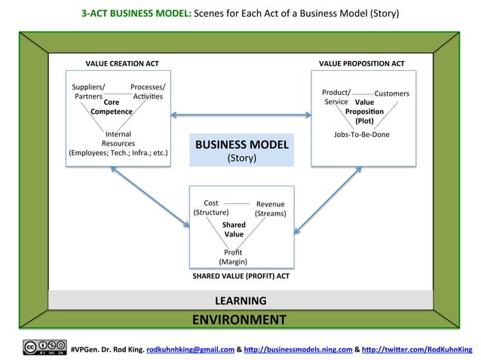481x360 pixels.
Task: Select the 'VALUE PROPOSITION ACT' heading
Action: coord(362,63)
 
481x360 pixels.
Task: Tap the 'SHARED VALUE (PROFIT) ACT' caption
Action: coord(241,276)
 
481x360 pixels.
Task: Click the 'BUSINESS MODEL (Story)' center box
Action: coord(241,150)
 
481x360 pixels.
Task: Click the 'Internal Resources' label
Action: coord(118,139)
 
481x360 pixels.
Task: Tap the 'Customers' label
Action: coord(391,93)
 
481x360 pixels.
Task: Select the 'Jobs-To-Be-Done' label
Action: coord(361,135)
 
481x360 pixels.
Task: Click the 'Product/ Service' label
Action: coord(336,96)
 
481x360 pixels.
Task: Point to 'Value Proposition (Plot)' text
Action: coord(365,111)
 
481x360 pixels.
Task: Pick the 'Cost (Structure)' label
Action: coord(211,208)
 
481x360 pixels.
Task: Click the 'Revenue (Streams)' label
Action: coord(270,209)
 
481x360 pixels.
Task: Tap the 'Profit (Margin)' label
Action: coord(234,257)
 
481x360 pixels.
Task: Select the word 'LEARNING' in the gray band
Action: coord(241,301)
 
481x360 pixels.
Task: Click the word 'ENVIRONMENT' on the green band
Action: coord(239,319)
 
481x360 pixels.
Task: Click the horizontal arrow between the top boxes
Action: coord(241,115)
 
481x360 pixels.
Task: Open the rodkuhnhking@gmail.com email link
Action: coord(190,349)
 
